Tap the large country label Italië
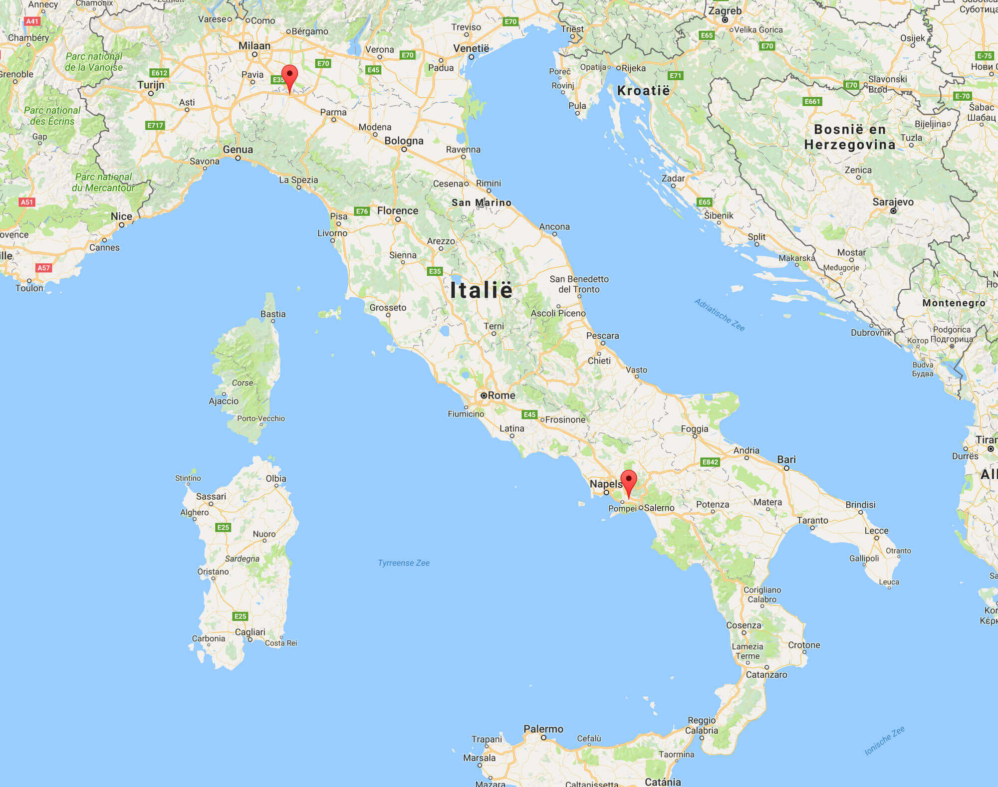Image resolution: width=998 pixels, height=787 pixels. [481, 290]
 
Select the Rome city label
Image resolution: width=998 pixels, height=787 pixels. [501, 395]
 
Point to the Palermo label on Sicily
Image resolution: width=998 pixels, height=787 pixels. [543, 729]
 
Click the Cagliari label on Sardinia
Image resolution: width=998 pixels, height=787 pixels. [250, 632]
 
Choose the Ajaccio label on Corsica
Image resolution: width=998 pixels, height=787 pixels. [224, 401]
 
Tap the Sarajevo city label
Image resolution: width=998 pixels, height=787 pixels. [893, 202]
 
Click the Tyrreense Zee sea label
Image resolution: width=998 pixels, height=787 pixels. [404, 563]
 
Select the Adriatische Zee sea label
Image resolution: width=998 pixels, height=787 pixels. [720, 315]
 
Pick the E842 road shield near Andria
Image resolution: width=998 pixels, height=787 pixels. [710, 462]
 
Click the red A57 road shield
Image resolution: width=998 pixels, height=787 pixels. [43, 268]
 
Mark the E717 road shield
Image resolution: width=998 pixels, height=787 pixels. [155, 125]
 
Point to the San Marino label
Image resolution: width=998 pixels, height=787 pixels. [481, 202]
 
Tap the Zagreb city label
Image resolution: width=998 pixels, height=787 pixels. [725, 10]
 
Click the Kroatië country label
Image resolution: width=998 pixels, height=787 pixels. [643, 91]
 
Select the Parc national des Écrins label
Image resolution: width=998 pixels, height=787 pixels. [52, 116]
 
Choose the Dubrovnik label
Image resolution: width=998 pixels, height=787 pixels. [871, 332]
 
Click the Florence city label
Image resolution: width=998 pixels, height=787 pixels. [398, 210]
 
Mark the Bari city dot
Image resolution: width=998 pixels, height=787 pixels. [786, 468]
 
